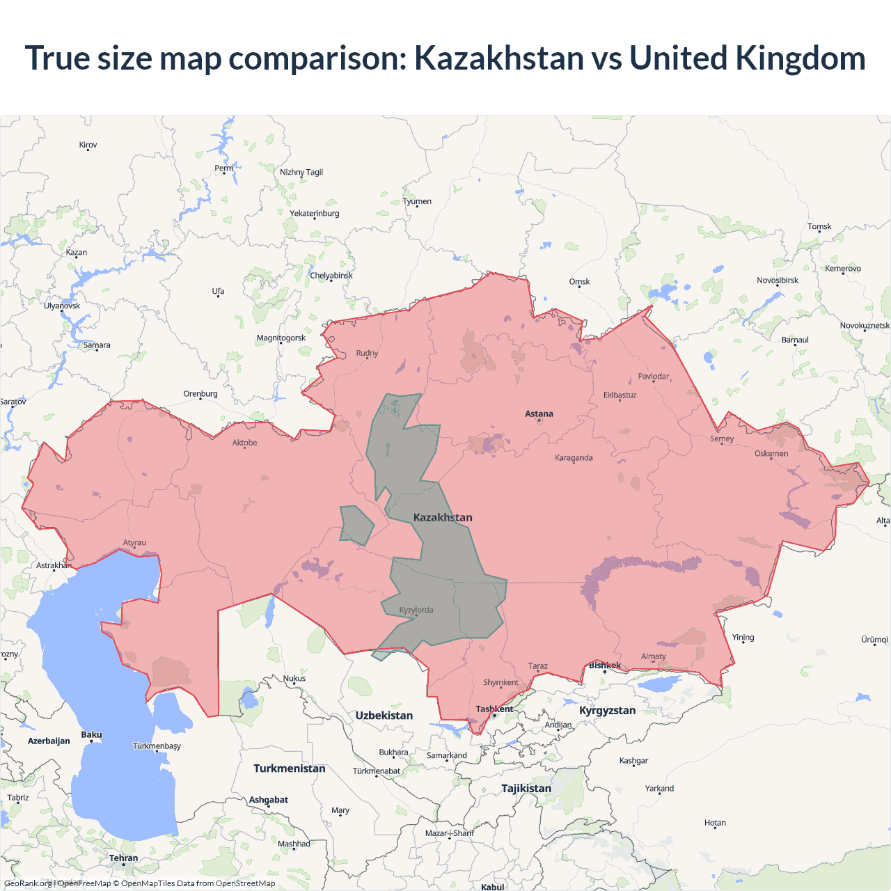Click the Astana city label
coord(539,413)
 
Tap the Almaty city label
coord(653,656)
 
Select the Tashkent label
coord(494,709)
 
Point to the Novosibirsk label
coord(778,281)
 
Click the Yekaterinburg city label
coord(315,214)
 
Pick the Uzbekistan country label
coord(384,716)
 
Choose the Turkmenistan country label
coord(290,768)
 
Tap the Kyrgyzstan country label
coord(607,711)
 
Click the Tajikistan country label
coord(526,789)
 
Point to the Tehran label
coord(123,858)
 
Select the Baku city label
coord(91,735)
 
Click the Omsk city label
coord(579,282)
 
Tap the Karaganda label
coord(574,458)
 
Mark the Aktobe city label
coord(244,443)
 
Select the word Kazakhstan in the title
coord(499,58)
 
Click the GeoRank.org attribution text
coord(28,883)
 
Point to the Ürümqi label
coord(874,640)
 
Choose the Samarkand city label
coord(446,755)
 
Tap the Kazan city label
coord(77,253)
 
